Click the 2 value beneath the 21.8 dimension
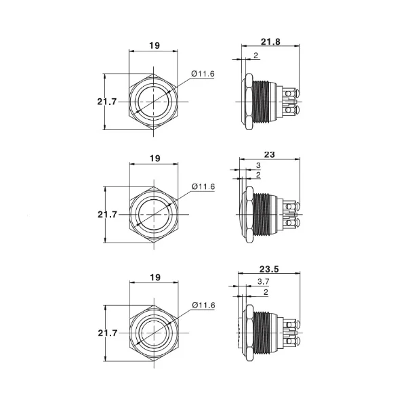pos(255,56)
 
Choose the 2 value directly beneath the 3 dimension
pos(258,175)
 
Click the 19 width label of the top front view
pos(154,45)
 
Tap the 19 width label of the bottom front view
pos(154,276)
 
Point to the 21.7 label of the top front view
pos(107,101)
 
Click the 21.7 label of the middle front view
pos(107,214)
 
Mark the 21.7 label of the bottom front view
pos(107,333)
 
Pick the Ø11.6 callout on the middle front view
pos(203,186)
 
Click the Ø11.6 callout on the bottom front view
pos(203,305)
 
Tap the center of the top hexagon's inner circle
pos(154,102)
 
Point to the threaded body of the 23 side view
pos(263,215)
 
